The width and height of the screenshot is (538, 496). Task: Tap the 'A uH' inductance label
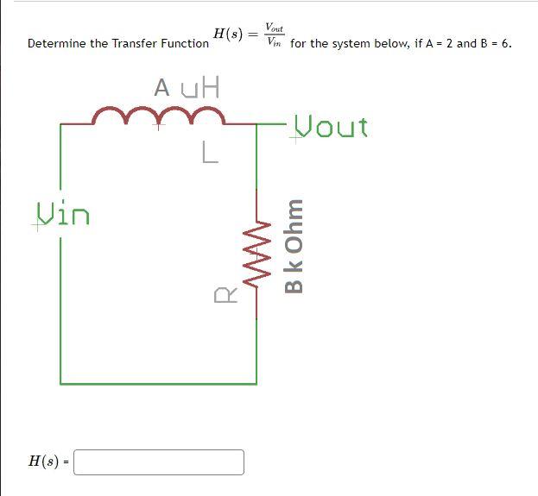[187, 87]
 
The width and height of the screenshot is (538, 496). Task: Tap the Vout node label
[331, 128]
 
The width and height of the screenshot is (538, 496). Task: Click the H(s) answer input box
[159, 461]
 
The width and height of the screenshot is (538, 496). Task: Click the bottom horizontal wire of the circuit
[158, 382]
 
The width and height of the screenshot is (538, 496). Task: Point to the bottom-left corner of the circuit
[60, 382]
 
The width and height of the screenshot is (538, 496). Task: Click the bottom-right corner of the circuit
[256, 382]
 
